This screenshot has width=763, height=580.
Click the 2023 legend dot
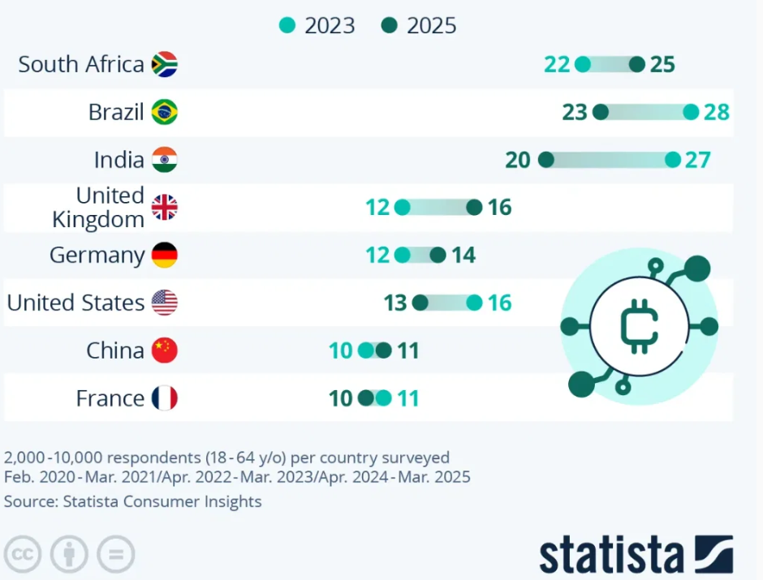tap(287, 26)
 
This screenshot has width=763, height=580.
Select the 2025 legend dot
tap(389, 26)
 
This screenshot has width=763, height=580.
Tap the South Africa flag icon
tap(164, 64)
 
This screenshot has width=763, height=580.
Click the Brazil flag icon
tap(164, 112)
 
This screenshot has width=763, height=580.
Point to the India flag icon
tap(164, 160)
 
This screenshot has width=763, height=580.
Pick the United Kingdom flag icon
tap(164, 208)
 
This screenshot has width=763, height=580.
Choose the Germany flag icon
tap(164, 256)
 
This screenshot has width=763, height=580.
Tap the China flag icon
tap(164, 350)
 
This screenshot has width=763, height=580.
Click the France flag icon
tap(164, 398)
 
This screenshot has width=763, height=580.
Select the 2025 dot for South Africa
tap(637, 64)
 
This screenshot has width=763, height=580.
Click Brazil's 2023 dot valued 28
tap(691, 112)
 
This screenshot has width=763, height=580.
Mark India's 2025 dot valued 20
tap(546, 160)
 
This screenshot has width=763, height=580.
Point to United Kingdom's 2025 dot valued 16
tap(475, 208)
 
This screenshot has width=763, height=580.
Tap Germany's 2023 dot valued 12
tap(403, 256)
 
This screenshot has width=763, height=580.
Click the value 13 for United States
tap(395, 303)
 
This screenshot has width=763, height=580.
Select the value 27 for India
tap(697, 160)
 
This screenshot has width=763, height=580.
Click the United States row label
tap(76, 303)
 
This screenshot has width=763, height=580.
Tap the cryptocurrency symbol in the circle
tap(639, 326)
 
